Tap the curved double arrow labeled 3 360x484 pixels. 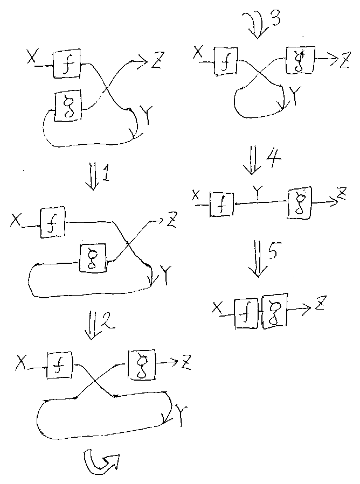tap(257, 25)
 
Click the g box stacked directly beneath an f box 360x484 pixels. tap(69, 104)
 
